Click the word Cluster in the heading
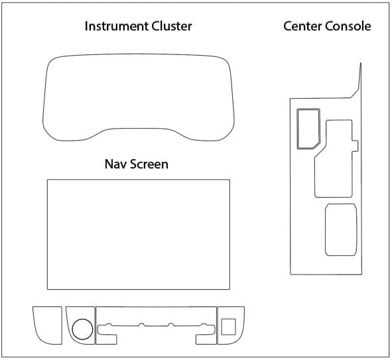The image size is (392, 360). pyautogui.click(x=170, y=27)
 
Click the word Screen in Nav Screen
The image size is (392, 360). pyautogui.click(x=149, y=164)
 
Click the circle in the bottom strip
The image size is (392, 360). pyautogui.click(x=82, y=328)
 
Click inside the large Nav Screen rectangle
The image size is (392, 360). pyautogui.click(x=138, y=234)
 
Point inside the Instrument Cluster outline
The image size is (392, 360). pyautogui.click(x=138, y=93)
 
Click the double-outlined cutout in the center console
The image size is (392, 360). pyautogui.click(x=308, y=127)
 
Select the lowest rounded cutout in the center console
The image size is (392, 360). pyautogui.click(x=340, y=229)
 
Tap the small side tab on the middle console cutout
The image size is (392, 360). pyautogui.click(x=356, y=144)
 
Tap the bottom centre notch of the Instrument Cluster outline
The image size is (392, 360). pyautogui.click(x=138, y=131)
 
